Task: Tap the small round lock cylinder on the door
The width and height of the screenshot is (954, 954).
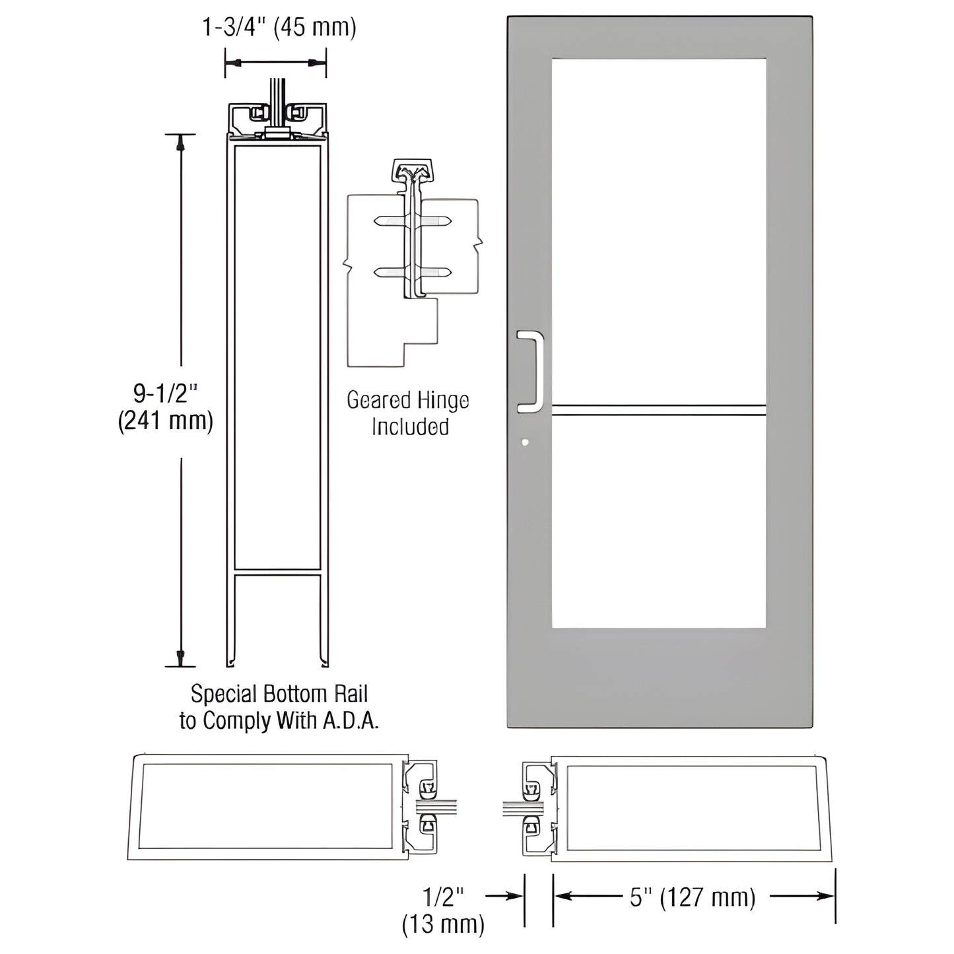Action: pos(525,442)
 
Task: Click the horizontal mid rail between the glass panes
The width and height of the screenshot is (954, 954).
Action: pos(658,410)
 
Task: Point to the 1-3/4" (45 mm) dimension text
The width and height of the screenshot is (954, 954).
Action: pos(279,28)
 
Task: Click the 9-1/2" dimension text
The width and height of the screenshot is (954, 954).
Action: pos(165,393)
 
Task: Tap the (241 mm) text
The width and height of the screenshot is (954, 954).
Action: pos(165,421)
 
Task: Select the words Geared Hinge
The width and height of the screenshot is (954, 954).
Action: pos(407,401)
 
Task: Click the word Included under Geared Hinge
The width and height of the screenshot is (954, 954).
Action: pos(410,426)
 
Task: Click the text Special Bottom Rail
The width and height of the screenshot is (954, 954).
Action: pos(279,694)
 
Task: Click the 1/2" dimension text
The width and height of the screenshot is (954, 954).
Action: pos(443,897)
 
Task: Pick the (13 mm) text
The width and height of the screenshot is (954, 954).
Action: pos(443,924)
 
